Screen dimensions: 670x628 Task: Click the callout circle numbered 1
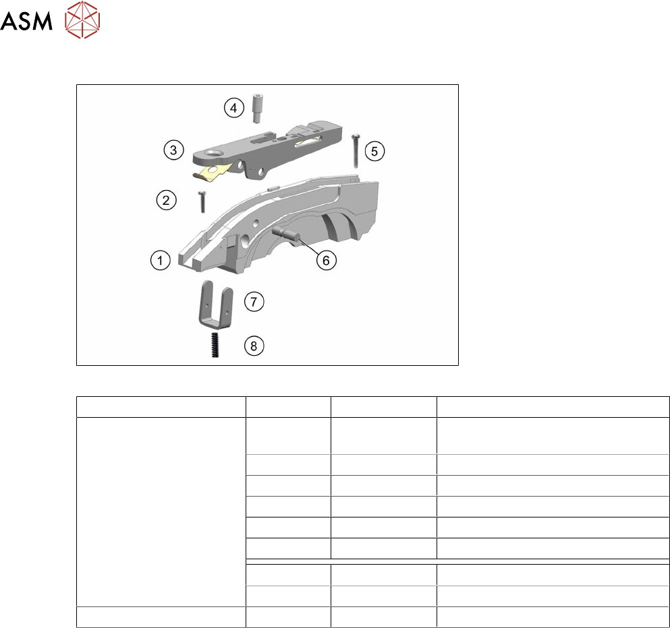point(160,260)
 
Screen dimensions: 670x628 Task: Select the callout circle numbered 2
point(166,200)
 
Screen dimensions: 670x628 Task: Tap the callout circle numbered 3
point(173,150)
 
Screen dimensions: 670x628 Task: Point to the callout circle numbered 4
point(233,108)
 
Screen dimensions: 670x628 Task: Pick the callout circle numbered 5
point(374,151)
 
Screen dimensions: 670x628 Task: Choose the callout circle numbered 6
point(326,260)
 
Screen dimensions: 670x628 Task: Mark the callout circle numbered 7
point(254,302)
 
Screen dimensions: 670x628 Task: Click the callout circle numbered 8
point(254,346)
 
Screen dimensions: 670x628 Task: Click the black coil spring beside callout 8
point(215,345)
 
